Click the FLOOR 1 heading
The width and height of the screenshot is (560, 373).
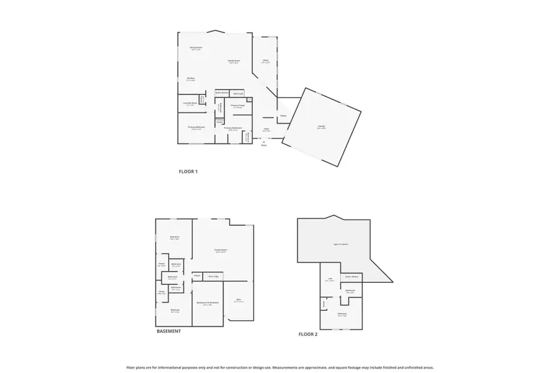pos(188,171)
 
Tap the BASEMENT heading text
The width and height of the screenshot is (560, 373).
pos(169,331)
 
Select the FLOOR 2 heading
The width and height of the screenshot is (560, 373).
pos(308,334)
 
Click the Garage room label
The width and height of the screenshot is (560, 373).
pos(322,126)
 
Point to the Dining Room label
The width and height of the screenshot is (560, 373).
pos(196,48)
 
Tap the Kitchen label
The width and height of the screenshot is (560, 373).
pos(191,78)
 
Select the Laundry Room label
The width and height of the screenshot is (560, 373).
pos(190,103)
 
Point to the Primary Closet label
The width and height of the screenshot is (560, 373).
pos(238,106)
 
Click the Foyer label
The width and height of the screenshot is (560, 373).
pos(266,129)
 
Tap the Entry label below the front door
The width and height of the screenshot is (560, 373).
pos(264,145)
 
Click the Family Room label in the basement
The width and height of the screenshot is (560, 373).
pos(221,250)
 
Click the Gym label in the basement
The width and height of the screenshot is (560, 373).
pos(238,300)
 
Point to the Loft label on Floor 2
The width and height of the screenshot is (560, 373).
pos(330,279)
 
